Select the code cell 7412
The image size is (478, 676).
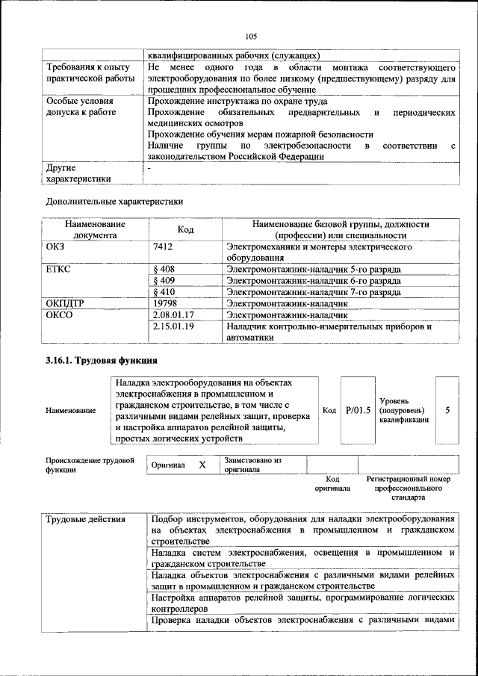pyautogui.click(x=164, y=246)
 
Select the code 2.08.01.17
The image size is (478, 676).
pyautogui.click(x=173, y=315)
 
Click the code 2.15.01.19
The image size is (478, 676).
pyautogui.click(x=173, y=326)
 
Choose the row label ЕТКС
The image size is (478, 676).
pyautogui.click(x=58, y=269)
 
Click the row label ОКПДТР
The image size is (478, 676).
pyautogui.click(x=65, y=304)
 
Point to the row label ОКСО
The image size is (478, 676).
pyautogui.click(x=59, y=315)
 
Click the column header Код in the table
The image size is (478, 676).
pyautogui.click(x=186, y=229)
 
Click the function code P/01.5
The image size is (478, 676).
pyautogui.click(x=358, y=409)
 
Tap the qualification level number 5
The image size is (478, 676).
pyautogui.click(x=447, y=409)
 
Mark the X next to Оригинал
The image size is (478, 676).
pyautogui.click(x=202, y=465)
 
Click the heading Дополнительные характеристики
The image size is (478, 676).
pyautogui.click(x=114, y=201)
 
